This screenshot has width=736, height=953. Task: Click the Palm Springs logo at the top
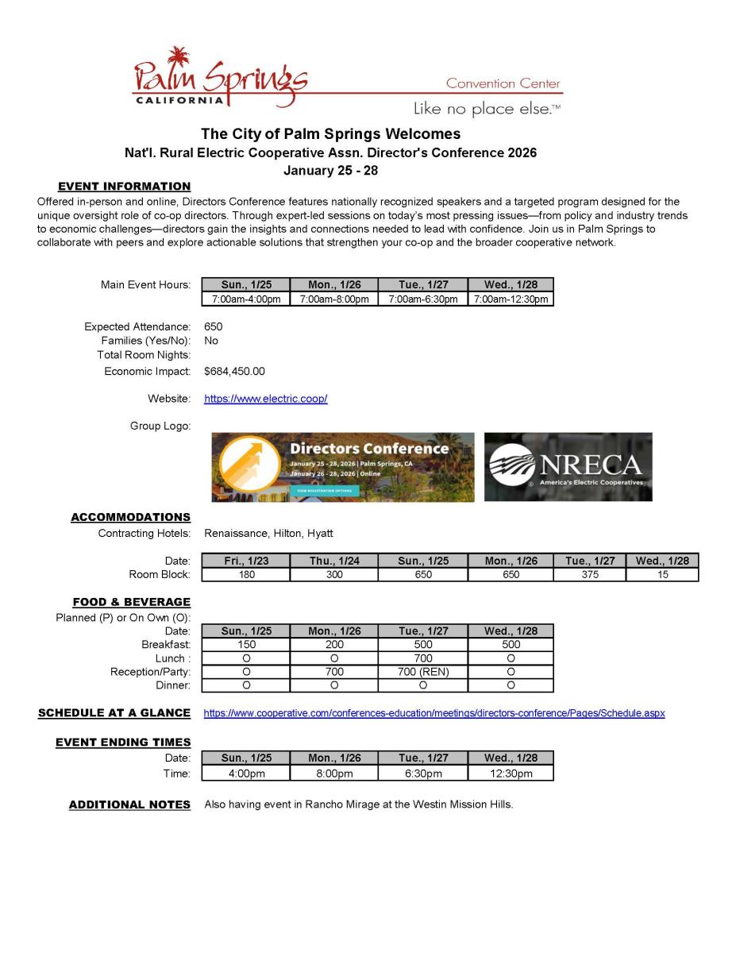coord(220,78)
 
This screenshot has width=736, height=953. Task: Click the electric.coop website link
coord(265,399)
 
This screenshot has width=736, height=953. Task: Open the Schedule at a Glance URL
coord(434,713)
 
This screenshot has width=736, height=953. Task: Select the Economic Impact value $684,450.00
coord(234,371)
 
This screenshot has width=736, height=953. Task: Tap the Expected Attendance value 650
coord(213,326)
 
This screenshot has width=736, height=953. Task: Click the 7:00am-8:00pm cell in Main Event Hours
coord(333,299)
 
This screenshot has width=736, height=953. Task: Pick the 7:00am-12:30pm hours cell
coord(511,299)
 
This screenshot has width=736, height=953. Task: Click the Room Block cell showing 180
coord(246,575)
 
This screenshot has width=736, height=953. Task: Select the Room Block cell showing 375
coord(589,575)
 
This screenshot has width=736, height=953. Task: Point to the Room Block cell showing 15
coord(662,575)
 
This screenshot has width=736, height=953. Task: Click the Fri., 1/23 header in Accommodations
coord(246,561)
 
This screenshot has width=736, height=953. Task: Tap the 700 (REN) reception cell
coord(423,672)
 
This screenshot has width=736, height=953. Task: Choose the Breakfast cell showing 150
coord(246,645)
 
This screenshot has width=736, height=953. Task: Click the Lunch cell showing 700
coord(423,658)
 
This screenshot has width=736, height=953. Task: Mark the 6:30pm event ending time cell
coord(423,774)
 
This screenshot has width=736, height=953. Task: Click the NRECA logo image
coord(568,467)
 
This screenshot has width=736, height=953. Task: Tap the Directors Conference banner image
coord(342,467)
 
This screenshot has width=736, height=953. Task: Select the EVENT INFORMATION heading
coord(124,186)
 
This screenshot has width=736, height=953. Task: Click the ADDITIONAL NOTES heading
coord(129,804)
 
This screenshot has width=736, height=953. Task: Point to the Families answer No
coord(211,341)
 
